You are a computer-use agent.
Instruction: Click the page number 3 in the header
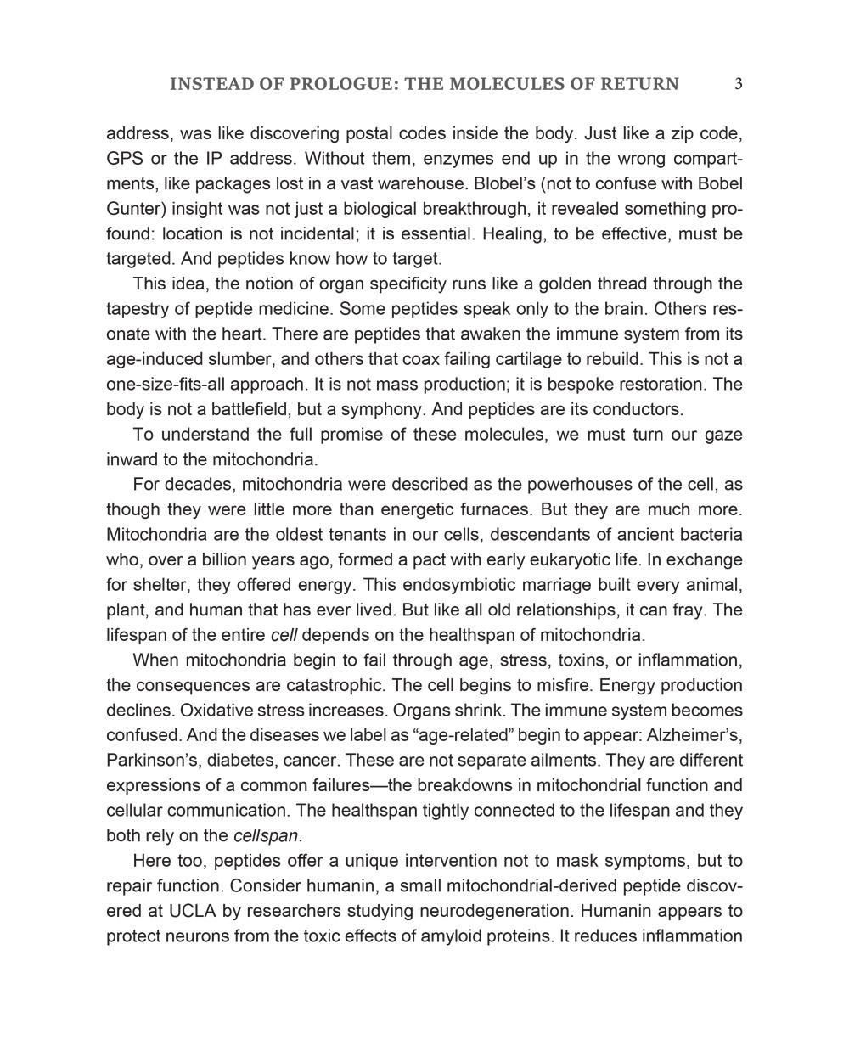coord(739,84)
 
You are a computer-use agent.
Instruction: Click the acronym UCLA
coord(182,911)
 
